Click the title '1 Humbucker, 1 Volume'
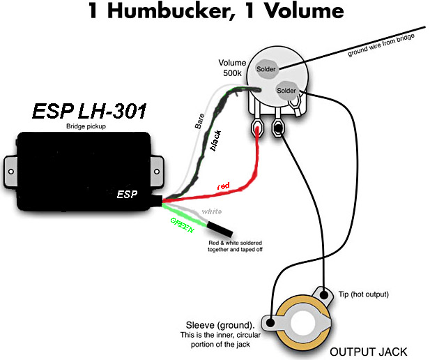coord(215,12)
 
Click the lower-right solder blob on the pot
coord(286,90)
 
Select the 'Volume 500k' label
coord(233,68)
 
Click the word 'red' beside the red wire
coord(222,186)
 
